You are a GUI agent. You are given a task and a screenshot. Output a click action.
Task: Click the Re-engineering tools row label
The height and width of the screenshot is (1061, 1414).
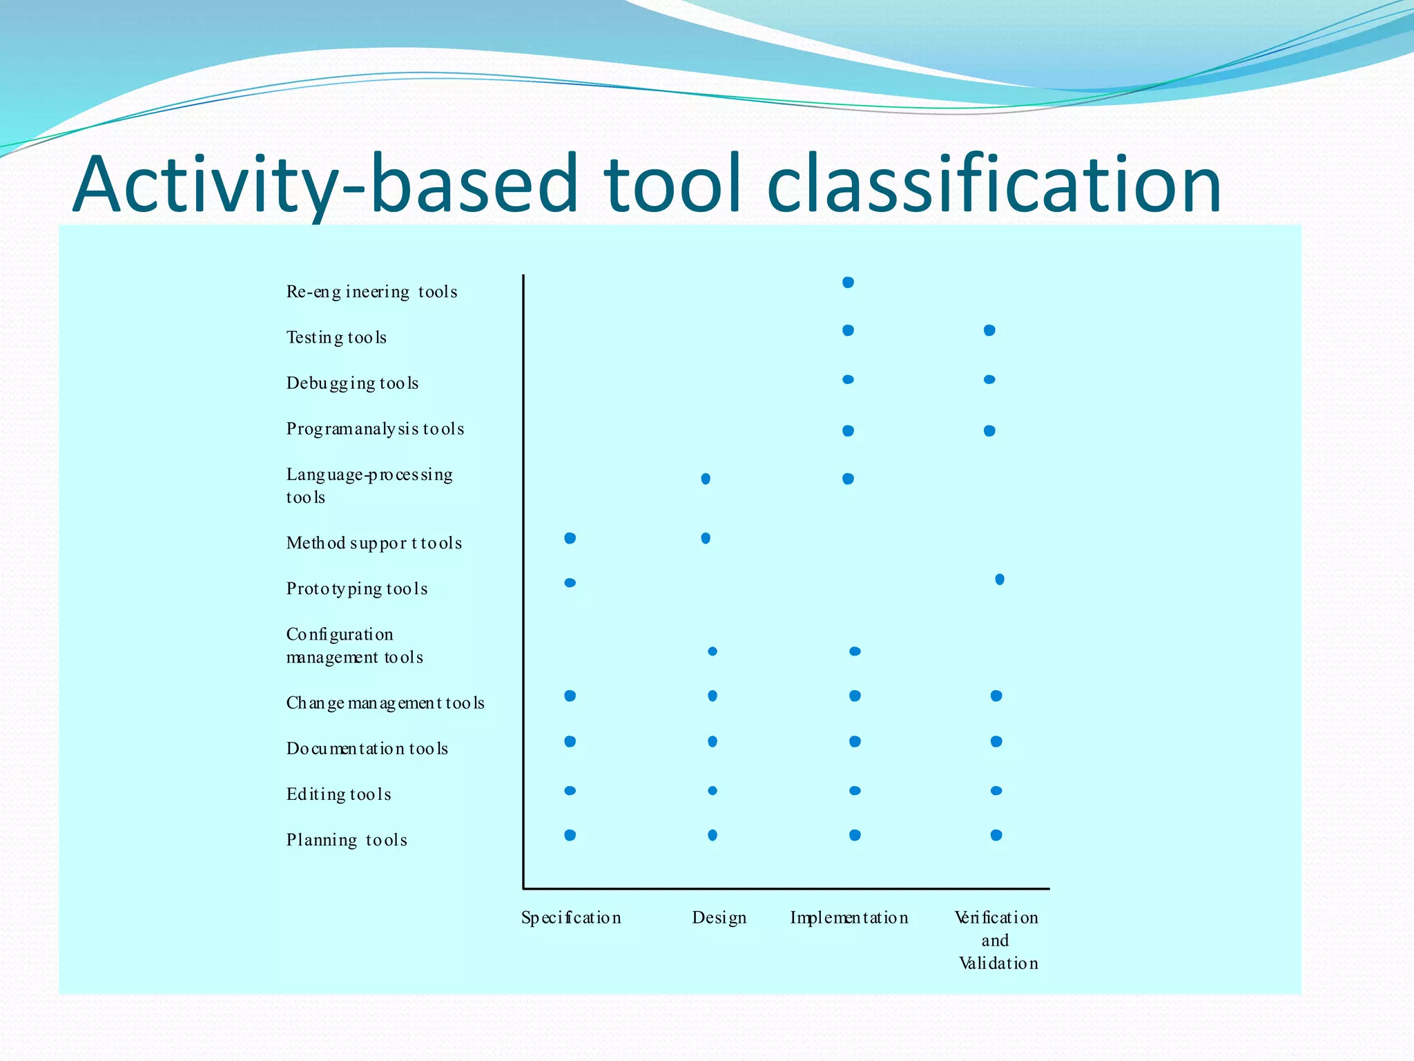371,292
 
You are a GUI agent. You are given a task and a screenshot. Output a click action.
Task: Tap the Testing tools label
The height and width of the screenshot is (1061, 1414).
336,338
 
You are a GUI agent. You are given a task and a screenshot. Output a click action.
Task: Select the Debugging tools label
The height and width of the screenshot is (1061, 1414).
352,383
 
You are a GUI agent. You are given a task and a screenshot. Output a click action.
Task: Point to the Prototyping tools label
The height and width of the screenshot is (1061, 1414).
357,589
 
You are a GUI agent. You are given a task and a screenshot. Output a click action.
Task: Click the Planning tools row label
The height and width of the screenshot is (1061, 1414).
347,840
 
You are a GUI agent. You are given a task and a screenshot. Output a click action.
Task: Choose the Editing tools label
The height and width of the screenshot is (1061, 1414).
338,794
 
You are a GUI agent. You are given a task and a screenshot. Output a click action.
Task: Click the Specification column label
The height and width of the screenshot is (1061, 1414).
571,918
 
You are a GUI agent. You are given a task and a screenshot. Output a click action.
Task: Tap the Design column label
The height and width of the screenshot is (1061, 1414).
719,918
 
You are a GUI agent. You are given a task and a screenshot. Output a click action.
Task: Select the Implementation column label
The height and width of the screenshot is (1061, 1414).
849,918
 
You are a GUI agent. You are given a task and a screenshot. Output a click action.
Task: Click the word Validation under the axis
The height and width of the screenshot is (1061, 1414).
998,964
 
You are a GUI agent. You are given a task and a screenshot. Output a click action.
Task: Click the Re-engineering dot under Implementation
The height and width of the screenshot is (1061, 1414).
849,283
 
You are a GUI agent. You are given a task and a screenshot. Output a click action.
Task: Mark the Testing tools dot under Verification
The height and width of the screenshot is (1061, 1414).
989,331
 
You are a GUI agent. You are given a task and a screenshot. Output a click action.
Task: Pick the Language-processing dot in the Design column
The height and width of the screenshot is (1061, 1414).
706,479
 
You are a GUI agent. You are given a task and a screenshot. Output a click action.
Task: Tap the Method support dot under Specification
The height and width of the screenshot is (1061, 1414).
570,538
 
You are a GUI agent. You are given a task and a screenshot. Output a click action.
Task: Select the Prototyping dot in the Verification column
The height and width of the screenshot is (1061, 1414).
1000,579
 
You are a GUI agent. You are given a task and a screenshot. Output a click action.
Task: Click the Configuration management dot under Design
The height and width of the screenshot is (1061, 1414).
713,651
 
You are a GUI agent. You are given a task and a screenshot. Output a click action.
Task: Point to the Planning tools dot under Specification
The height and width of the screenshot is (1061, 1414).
570,835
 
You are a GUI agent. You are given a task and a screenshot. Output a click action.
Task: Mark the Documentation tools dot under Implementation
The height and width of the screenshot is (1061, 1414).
855,741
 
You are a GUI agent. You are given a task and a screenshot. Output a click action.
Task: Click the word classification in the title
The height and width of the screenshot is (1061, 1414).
994,184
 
